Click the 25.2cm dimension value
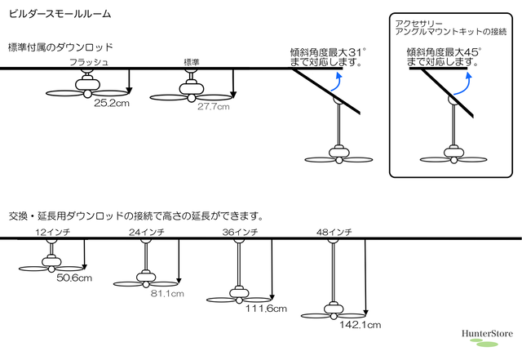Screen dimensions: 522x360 click(112, 103)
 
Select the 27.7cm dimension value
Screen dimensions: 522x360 click(214, 107)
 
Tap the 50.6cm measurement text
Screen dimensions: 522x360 click(74, 278)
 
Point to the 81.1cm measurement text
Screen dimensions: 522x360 click(167, 294)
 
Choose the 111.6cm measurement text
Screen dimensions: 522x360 click(267, 309)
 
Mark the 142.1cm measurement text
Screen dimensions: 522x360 click(361, 325)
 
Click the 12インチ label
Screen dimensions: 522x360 click(52, 232)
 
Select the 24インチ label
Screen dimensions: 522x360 click(147, 232)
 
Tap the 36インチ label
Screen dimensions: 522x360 click(240, 232)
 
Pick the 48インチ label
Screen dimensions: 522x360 click(334, 232)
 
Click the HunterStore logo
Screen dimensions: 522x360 click(487, 337)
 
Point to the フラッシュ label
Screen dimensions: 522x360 click(89, 62)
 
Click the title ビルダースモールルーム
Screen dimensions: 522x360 click(60, 14)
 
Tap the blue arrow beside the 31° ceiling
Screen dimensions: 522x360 click(337, 82)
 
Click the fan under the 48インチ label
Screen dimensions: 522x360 click(334, 311)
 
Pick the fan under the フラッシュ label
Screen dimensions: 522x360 click(87, 86)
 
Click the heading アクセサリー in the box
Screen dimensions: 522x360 click(418, 24)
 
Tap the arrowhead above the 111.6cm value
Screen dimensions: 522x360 click(272, 297)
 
